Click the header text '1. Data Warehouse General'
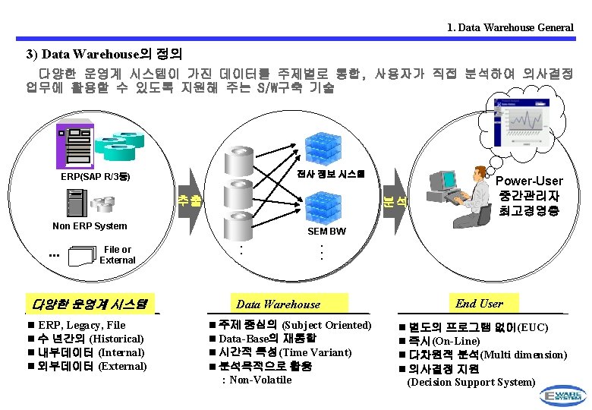tap(510, 27)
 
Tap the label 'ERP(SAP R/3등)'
tap(96, 177)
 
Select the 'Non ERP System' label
tap(90, 225)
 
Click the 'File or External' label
tap(118, 254)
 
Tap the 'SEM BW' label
tap(326, 231)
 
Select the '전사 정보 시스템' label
tap(331, 173)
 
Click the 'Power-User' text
tap(529, 181)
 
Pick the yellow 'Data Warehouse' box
tap(279, 304)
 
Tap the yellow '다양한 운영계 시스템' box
tap(90, 304)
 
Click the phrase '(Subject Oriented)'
tap(326, 325)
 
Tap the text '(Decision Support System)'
tap(471, 382)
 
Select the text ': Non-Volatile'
tap(255, 380)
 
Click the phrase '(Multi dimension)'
tap(523, 355)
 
